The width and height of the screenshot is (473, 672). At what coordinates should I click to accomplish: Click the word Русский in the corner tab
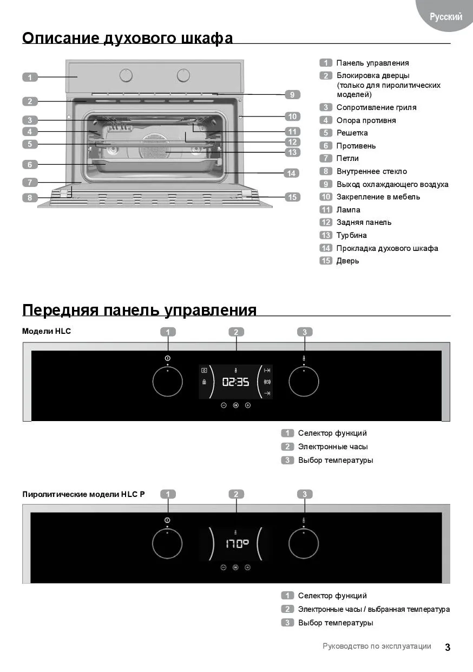coord(446,17)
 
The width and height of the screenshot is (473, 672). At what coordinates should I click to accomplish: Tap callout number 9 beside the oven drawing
coord(292,95)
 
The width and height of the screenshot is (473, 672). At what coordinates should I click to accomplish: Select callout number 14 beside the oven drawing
coord(291,173)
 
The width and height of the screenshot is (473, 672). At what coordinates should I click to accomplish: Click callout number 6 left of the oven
coord(30,164)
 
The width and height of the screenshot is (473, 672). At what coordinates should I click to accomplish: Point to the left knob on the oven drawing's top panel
coord(126,75)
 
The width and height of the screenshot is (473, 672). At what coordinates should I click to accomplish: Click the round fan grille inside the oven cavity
coord(154,146)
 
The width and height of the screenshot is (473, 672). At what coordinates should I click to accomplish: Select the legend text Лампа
coord(348,210)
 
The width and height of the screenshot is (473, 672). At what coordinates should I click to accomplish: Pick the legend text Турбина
coord(351,235)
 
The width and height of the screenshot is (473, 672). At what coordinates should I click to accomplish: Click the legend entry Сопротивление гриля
coord(376,107)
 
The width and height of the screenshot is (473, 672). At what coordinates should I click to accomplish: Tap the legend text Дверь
coord(347,261)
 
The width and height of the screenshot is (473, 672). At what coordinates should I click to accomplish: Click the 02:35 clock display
coord(236,382)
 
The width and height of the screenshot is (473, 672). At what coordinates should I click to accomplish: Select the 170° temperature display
coord(237,544)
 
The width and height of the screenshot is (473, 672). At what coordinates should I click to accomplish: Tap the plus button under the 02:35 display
coord(248,405)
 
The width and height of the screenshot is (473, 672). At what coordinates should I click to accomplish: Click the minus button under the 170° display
coord(223,567)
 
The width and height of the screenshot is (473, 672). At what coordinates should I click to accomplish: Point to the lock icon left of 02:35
coord(204,382)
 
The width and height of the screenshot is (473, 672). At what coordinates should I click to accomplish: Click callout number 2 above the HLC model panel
coord(236,332)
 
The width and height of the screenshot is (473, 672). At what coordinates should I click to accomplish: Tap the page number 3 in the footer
coord(448,648)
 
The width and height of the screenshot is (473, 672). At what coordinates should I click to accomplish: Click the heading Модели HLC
coord(47,331)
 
